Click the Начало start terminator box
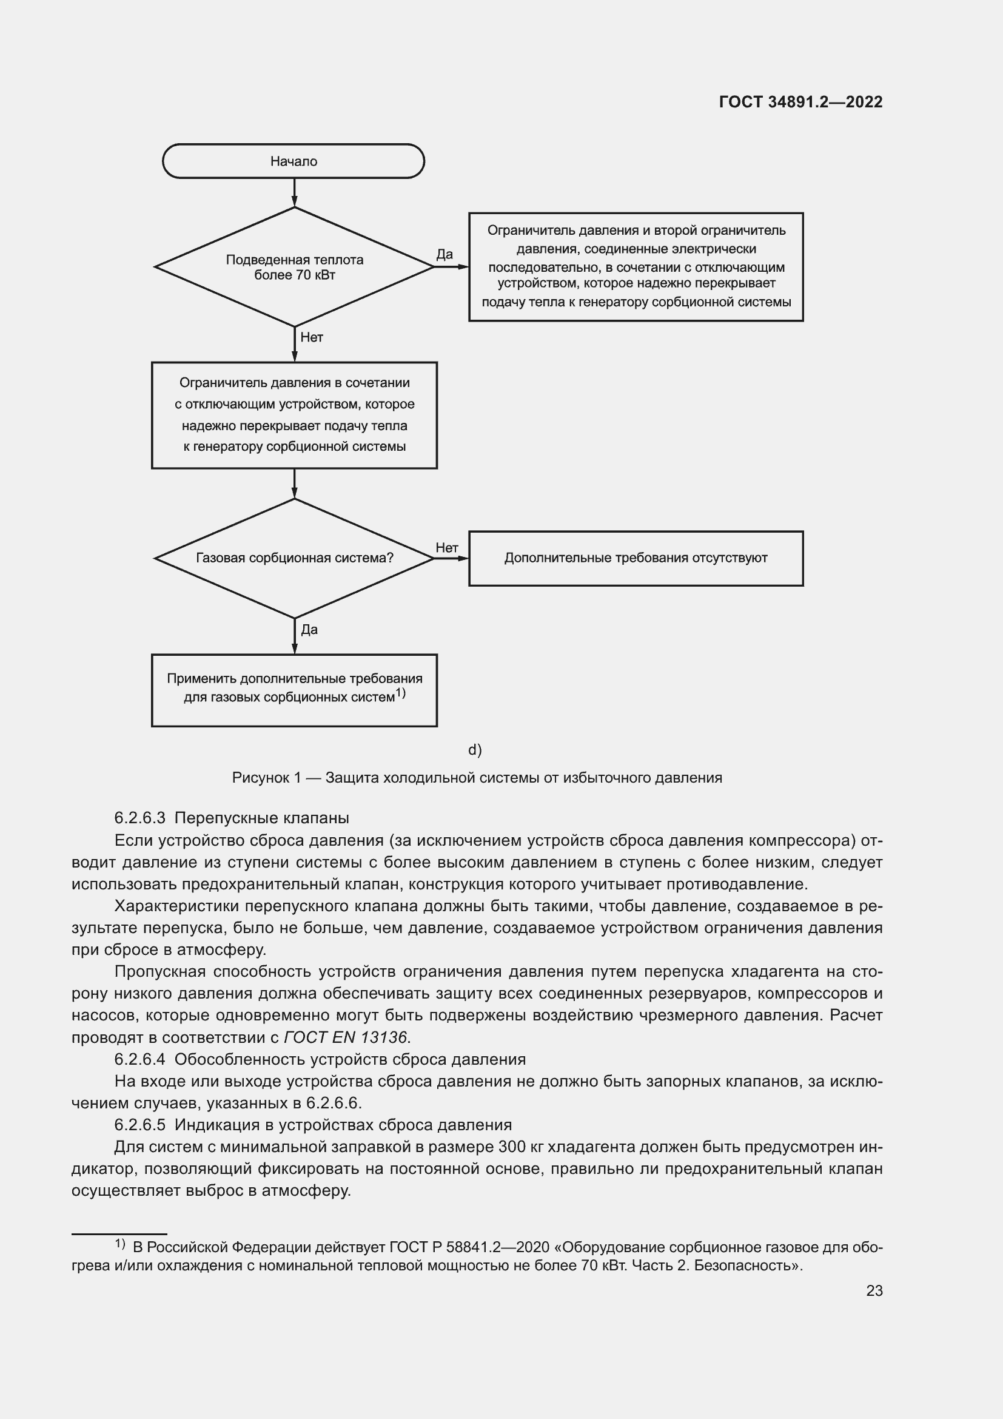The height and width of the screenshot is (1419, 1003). click(x=294, y=161)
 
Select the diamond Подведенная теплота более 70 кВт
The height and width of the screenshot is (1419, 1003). click(x=294, y=267)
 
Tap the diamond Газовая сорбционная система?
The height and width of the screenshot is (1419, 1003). click(x=294, y=558)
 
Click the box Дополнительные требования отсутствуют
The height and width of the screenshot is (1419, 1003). click(x=636, y=558)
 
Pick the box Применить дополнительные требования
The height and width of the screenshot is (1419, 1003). click(x=294, y=690)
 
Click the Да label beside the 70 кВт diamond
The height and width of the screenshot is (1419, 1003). click(x=444, y=254)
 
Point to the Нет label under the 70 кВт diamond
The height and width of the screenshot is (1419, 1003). click(x=311, y=337)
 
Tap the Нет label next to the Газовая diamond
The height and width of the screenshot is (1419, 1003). click(x=446, y=548)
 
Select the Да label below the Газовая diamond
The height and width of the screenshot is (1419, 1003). click(x=309, y=630)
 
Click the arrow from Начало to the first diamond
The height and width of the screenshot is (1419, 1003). click(x=295, y=192)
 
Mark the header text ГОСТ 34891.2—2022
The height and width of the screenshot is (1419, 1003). click(x=800, y=102)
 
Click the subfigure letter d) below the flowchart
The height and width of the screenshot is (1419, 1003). click(x=474, y=750)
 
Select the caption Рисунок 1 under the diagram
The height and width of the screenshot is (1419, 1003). click(x=476, y=778)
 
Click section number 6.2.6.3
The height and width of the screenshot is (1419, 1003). click(x=139, y=818)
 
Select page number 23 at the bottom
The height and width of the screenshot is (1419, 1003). click(x=874, y=1290)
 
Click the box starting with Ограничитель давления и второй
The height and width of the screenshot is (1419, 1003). click(x=636, y=267)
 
